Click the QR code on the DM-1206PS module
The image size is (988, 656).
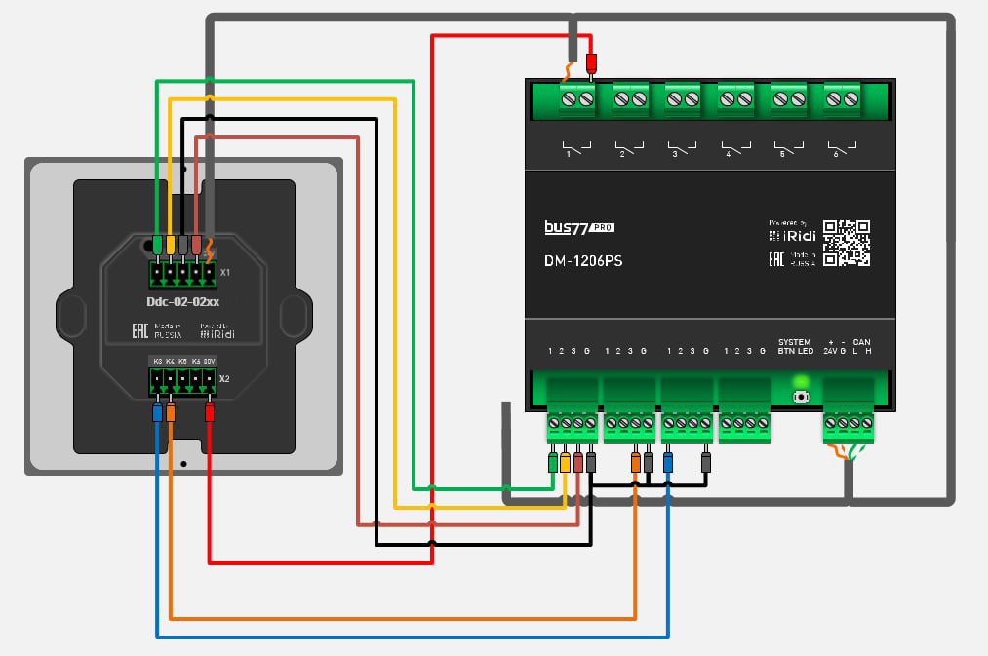[x=846, y=243]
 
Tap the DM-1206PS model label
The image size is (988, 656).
[x=584, y=261]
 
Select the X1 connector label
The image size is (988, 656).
[x=225, y=272]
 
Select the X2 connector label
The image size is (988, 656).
[x=225, y=378]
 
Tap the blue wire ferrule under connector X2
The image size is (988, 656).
[x=158, y=412]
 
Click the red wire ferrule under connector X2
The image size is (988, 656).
[x=210, y=412]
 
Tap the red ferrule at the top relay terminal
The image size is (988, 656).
[x=590, y=65]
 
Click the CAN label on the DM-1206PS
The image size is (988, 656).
[x=861, y=342]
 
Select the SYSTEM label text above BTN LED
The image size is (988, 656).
[x=794, y=342]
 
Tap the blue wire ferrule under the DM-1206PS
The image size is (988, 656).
[x=668, y=461]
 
